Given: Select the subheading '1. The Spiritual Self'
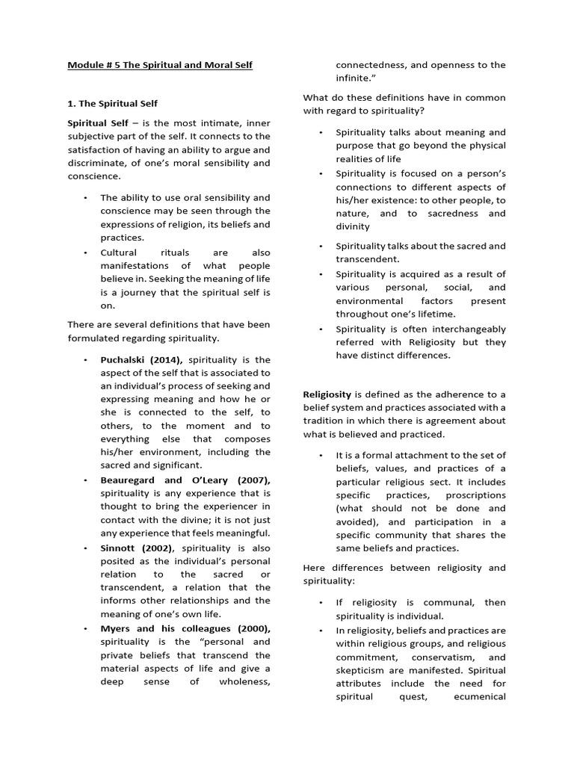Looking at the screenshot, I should (x=112, y=104).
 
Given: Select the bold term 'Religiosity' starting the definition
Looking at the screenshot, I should (x=327, y=394).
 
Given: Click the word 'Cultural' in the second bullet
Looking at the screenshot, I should (x=119, y=253).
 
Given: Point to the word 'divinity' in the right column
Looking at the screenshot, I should (x=353, y=226).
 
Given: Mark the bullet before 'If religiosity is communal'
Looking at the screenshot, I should (x=320, y=602).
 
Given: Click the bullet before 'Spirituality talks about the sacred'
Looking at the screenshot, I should (x=320, y=246).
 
